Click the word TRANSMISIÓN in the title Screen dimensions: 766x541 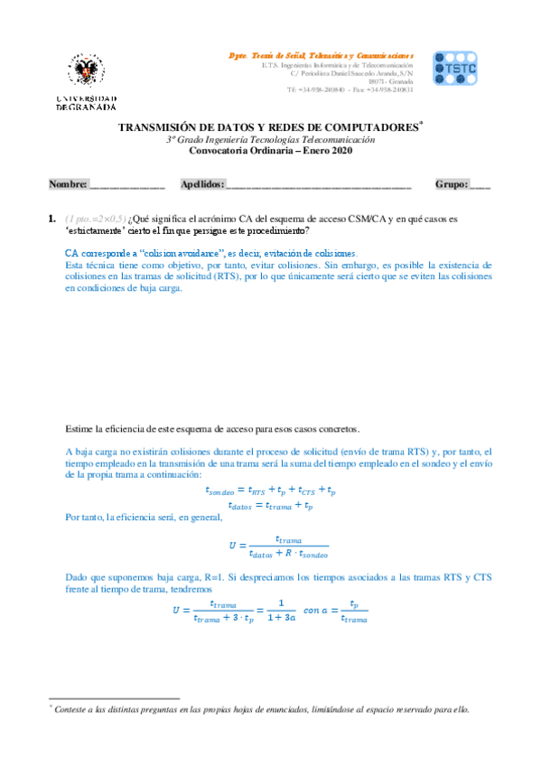[162, 128]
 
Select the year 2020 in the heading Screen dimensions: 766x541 [340, 151]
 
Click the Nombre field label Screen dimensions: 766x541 [68, 184]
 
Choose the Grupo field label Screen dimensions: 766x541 [452, 184]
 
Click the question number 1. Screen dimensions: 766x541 [51, 220]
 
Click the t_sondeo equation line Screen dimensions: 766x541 [272, 491]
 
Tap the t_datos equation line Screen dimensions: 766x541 [272, 506]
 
